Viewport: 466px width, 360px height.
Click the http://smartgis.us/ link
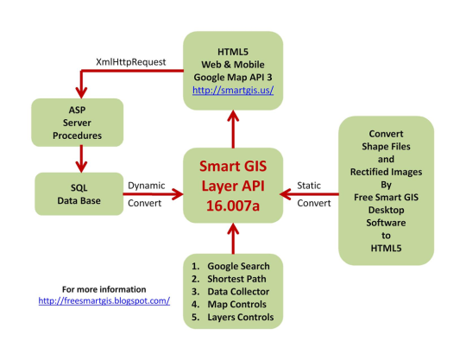tap(233, 90)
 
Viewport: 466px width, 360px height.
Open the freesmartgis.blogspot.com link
tap(104, 300)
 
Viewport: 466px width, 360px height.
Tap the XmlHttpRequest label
tap(131, 62)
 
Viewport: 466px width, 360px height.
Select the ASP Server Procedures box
tap(78, 123)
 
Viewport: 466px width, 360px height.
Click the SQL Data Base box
tap(79, 194)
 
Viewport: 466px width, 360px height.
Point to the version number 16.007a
tap(233, 205)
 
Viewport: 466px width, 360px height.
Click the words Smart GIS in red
tap(233, 166)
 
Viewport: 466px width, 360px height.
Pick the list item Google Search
tap(238, 266)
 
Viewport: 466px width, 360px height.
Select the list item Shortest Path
tap(236, 279)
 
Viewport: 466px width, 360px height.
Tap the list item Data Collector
tap(238, 292)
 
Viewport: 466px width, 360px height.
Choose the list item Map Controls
tap(236, 305)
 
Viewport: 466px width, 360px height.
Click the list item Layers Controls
tap(241, 317)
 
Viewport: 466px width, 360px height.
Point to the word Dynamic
tap(146, 186)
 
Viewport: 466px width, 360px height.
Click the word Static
tap(309, 186)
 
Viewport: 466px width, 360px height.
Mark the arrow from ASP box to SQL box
tap(81, 160)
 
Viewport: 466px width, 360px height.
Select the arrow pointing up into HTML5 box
tap(233, 129)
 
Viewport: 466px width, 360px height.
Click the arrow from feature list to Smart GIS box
tap(233, 238)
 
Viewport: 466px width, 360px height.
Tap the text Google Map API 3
tap(233, 78)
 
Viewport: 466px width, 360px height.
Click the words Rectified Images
tap(386, 172)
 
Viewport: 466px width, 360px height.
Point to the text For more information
tap(104, 289)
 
